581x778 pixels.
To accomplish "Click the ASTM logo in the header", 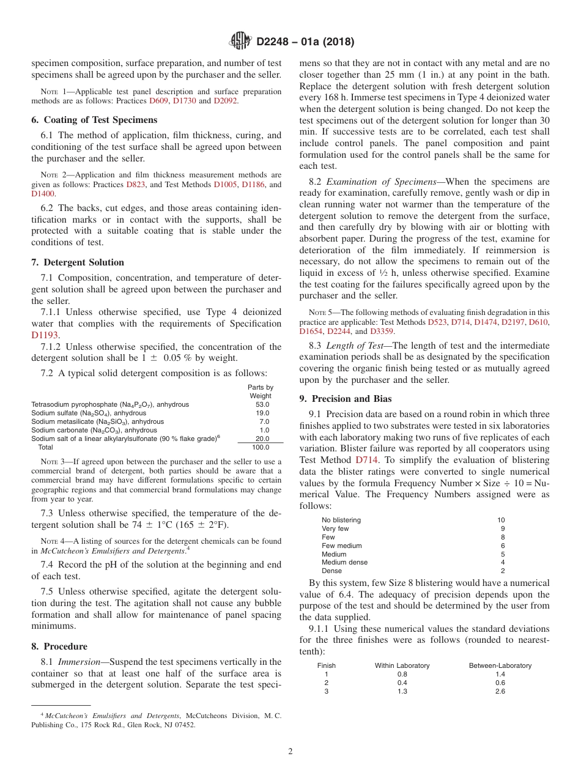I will pos(240,41).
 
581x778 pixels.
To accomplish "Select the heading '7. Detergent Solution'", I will pos(78,262).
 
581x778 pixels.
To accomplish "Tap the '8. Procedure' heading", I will pos(59,646).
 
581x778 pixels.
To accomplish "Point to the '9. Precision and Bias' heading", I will pos(346,399).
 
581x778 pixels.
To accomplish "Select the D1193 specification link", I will pos(45,335).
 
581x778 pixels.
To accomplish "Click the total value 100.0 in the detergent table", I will pos(261,448).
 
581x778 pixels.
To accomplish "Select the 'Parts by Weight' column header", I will pos(261,391).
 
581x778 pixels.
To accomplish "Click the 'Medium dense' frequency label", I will pos(346,562).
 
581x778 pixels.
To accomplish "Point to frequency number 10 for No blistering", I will pos(501,520).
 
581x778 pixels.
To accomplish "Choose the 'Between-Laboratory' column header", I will pos(500,665).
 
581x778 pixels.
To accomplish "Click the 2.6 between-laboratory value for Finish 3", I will pos(500,691).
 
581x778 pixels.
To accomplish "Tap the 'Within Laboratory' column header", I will pos(402,665).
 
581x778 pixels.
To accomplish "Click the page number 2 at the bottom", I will pos(290,752).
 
